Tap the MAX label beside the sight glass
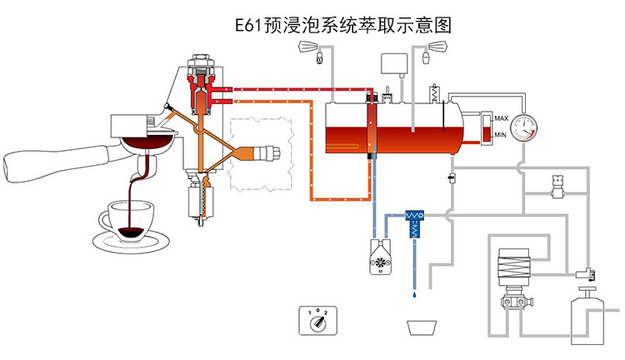502,118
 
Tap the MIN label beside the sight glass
501,135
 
